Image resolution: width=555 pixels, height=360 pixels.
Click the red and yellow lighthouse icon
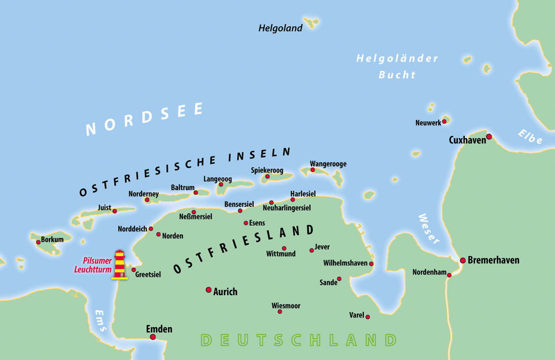[x=119, y=265]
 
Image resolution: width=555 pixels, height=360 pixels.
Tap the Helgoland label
[x=280, y=28]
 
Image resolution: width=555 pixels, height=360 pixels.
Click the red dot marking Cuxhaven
[x=489, y=137]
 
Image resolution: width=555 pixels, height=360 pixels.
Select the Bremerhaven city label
[x=493, y=260]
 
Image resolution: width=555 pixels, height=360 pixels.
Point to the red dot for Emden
[x=153, y=337]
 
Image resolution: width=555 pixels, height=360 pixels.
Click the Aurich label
[x=225, y=292]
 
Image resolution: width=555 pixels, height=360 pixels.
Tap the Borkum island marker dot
[x=38, y=242]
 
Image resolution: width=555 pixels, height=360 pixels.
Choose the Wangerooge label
[x=328, y=164]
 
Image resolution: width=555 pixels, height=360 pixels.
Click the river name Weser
[x=428, y=229]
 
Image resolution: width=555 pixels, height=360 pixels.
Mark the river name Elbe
[x=530, y=136]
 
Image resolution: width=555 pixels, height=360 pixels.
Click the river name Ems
[x=101, y=320]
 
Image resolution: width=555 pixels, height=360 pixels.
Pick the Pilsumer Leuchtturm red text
[x=97, y=265]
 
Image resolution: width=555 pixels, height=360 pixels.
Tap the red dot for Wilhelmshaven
[x=371, y=264]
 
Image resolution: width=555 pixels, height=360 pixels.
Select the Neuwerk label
[x=428, y=123]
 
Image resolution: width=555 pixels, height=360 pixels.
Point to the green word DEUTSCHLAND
[x=299, y=340]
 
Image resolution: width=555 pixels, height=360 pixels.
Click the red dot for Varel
[x=368, y=316]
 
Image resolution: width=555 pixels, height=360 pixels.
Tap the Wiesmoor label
[x=286, y=306]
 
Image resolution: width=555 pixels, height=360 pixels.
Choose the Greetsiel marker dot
[x=134, y=269]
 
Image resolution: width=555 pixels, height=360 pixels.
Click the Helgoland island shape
[x=311, y=22]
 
